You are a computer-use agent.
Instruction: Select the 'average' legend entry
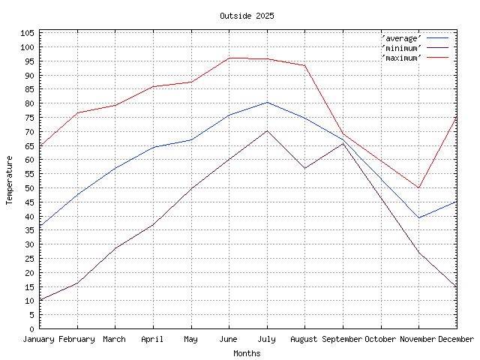(402, 37)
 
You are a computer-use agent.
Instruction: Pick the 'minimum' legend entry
(402, 47)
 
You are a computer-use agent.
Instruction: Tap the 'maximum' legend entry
(402, 57)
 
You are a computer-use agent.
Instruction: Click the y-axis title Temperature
(10, 180)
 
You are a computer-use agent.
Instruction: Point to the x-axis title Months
(247, 353)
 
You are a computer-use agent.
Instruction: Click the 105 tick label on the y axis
(27, 33)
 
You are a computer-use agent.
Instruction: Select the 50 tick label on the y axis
(29, 188)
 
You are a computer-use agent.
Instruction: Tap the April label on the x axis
(153, 339)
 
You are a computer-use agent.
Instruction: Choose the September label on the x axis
(343, 339)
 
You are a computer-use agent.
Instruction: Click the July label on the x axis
(266, 339)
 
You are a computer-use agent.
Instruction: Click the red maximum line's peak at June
(229, 58)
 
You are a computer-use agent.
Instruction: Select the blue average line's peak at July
(267, 102)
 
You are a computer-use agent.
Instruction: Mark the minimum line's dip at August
(304, 168)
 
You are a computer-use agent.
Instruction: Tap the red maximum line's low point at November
(418, 187)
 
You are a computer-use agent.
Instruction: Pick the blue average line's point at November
(418, 217)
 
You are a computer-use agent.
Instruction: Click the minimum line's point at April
(153, 224)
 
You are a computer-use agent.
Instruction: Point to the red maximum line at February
(77, 112)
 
